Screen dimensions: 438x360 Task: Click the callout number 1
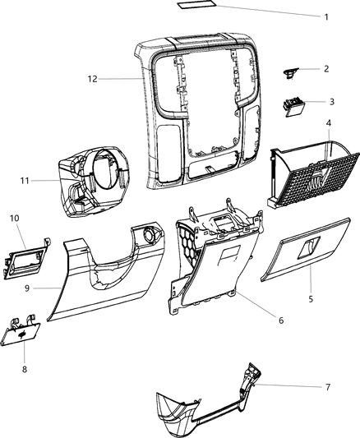(x=325, y=17)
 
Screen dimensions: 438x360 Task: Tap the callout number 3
(x=330, y=102)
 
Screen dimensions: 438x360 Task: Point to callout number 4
(x=329, y=124)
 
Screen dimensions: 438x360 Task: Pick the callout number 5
(x=311, y=299)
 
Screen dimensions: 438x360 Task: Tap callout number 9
(x=28, y=288)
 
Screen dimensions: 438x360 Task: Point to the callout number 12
(x=93, y=79)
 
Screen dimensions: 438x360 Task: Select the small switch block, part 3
(x=293, y=105)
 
